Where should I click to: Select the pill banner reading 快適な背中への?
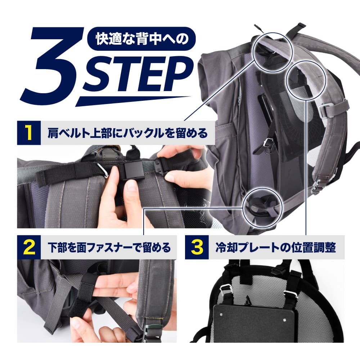coord(141,39)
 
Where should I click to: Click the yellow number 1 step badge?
coord(29,133)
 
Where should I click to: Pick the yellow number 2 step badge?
coord(29,247)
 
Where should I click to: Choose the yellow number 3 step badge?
coord(197,247)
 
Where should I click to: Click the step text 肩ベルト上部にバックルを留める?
coord(128,133)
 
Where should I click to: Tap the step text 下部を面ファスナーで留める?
coord(109,248)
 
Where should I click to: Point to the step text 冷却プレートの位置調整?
coord(276,248)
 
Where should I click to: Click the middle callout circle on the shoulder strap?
coord(306,80)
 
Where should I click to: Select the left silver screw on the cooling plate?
coord(221,314)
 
